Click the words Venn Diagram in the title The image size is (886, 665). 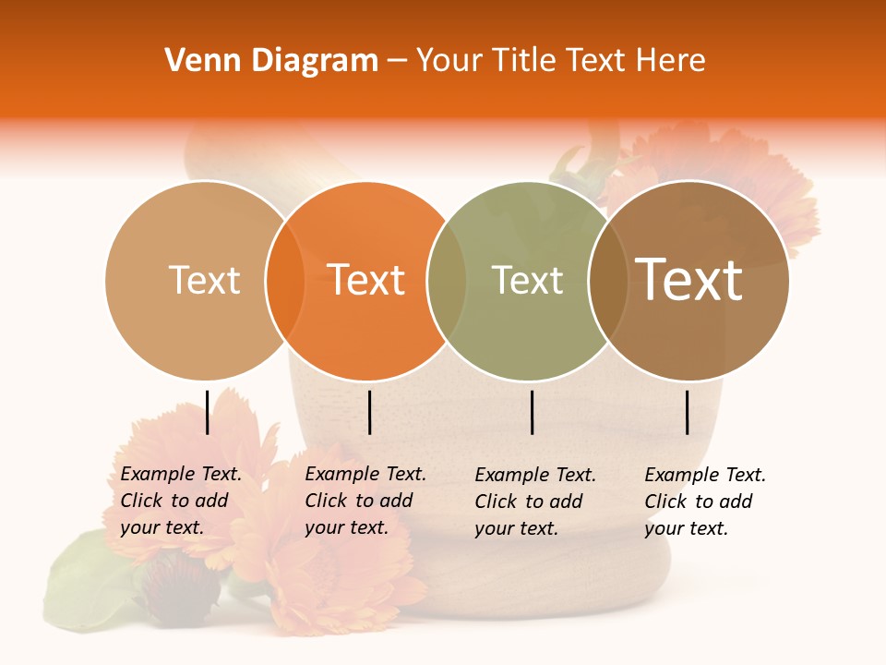[271, 61]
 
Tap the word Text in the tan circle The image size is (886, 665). [205, 280]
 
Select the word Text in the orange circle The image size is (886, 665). [366, 280]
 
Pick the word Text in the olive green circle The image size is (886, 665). [528, 280]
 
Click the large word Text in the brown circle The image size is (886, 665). [689, 280]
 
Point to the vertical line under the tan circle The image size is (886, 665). [208, 412]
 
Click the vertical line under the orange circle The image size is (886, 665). [369, 412]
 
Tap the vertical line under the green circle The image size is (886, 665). [532, 412]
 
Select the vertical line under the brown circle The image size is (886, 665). [688, 412]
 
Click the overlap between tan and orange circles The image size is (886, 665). [285, 280]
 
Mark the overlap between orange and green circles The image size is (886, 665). [447, 280]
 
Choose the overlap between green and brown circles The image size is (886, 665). [608, 280]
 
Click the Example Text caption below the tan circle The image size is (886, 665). [180, 501]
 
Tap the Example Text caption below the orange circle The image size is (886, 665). [365, 501]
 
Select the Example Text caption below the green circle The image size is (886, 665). [534, 502]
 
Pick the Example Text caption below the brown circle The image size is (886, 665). [704, 502]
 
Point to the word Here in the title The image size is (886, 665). [673, 61]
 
